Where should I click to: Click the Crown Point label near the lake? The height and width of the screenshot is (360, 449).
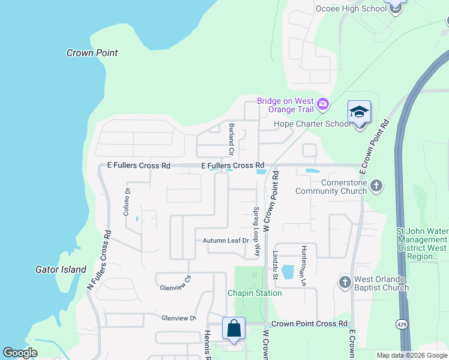(x=92, y=53)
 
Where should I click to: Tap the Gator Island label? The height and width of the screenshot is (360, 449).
(x=61, y=269)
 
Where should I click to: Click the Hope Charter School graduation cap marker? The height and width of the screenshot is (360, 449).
(x=359, y=112)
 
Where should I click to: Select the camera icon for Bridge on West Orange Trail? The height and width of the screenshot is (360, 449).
(x=323, y=105)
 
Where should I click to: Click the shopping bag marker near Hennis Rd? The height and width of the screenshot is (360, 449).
(x=234, y=329)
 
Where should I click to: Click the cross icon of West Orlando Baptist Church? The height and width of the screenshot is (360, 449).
(x=345, y=282)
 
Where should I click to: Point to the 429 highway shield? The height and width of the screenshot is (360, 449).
(x=401, y=324)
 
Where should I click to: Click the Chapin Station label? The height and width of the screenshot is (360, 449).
(x=254, y=293)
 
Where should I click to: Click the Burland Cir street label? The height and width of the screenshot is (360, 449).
(x=231, y=137)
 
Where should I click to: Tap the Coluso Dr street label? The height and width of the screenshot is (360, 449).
(x=127, y=202)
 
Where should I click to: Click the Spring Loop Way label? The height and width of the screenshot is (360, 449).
(x=256, y=225)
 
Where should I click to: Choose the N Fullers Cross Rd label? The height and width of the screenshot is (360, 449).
(x=99, y=260)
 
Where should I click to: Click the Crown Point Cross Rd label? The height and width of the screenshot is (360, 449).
(x=309, y=323)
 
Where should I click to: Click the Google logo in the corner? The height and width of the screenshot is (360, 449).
(x=20, y=353)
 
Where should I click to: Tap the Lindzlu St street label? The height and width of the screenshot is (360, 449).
(x=276, y=265)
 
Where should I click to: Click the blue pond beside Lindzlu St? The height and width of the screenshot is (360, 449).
(x=288, y=272)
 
